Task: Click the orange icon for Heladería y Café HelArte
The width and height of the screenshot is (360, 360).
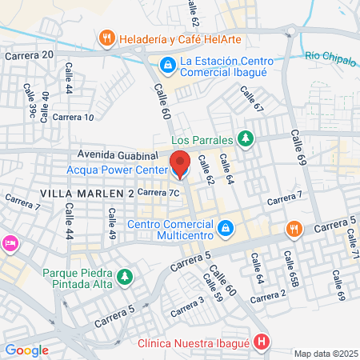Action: click(106, 38)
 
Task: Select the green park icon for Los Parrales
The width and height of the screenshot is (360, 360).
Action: click(246, 138)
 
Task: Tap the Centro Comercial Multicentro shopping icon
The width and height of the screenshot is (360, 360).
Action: click(226, 229)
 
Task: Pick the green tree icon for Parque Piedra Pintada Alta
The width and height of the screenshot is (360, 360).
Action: click(124, 277)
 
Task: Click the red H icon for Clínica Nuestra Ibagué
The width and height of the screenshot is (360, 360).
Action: click(262, 343)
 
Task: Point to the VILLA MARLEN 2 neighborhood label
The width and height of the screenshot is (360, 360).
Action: click(86, 194)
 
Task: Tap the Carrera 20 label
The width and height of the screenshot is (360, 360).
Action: click(29, 55)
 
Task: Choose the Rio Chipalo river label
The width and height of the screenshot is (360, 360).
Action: click(330, 56)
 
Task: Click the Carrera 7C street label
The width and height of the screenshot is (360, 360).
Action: click(157, 192)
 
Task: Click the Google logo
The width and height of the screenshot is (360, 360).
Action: click(26, 350)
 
